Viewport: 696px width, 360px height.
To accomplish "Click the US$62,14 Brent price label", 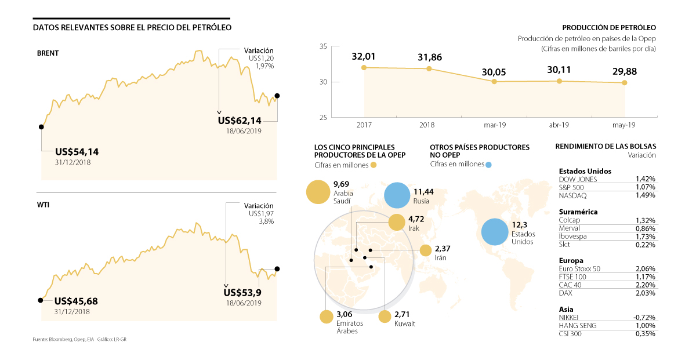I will click(x=240, y=121).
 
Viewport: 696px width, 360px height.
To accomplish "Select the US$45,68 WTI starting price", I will click(x=76, y=301).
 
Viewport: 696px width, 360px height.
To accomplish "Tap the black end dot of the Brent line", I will click(x=277, y=96).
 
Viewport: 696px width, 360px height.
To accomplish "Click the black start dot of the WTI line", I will click(x=41, y=300).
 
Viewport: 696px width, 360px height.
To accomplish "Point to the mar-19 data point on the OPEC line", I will click(x=494, y=82).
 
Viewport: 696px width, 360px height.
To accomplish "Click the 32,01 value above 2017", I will click(x=364, y=57).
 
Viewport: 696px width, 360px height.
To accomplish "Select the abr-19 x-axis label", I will click(x=559, y=125).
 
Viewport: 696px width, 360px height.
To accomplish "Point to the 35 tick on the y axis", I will click(x=322, y=47).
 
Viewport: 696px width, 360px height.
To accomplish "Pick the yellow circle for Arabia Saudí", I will click(x=317, y=192).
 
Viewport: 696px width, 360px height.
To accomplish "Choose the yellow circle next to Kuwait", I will click(x=385, y=317).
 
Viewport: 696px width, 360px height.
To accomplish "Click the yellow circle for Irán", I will click(x=426, y=250).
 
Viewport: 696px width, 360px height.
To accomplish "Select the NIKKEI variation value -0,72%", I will click(x=644, y=318).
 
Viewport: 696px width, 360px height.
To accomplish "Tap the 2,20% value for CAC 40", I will click(x=645, y=285).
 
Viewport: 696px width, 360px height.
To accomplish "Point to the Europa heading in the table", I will click(x=571, y=260).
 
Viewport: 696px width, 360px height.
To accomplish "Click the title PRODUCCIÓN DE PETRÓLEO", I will click(x=609, y=27).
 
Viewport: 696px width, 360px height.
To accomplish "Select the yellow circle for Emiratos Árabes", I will click(x=325, y=317).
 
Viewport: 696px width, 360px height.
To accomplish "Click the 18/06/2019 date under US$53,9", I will click(x=244, y=303).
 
